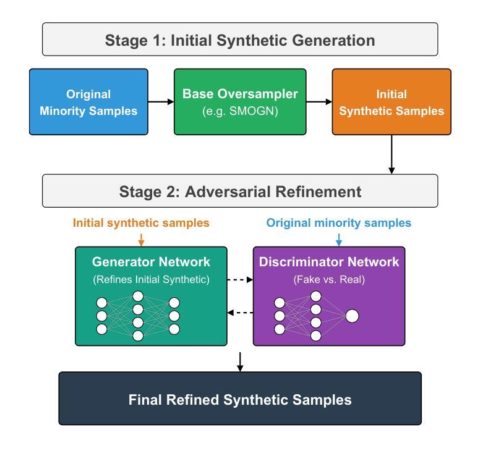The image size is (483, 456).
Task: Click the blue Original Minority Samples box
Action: point(88,102)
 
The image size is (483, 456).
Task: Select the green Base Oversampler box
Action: point(240,102)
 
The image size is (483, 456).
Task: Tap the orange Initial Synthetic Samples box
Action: point(391,102)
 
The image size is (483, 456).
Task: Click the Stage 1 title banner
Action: point(240,40)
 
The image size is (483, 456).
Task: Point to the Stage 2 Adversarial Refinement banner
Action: point(240,191)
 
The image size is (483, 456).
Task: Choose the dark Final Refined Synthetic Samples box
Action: point(240,399)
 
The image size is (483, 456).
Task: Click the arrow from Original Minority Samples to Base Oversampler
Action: point(161,102)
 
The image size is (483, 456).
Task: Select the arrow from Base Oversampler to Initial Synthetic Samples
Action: point(319,102)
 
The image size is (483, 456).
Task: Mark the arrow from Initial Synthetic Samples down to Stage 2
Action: point(391,154)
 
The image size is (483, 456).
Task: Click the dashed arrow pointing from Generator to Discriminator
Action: point(240,279)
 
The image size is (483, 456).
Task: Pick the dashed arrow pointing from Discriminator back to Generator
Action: point(240,313)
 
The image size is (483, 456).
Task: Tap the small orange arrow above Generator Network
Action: point(141,240)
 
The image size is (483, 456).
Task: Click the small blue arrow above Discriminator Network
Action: point(338,240)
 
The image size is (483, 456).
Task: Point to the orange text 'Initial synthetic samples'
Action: point(141,222)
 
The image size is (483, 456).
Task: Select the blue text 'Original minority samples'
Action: point(338,222)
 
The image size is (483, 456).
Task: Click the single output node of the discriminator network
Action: point(352,316)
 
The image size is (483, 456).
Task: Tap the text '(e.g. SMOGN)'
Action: point(240,111)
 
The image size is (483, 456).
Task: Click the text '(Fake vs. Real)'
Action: point(328,279)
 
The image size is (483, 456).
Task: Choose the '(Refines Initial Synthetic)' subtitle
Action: point(151,279)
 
